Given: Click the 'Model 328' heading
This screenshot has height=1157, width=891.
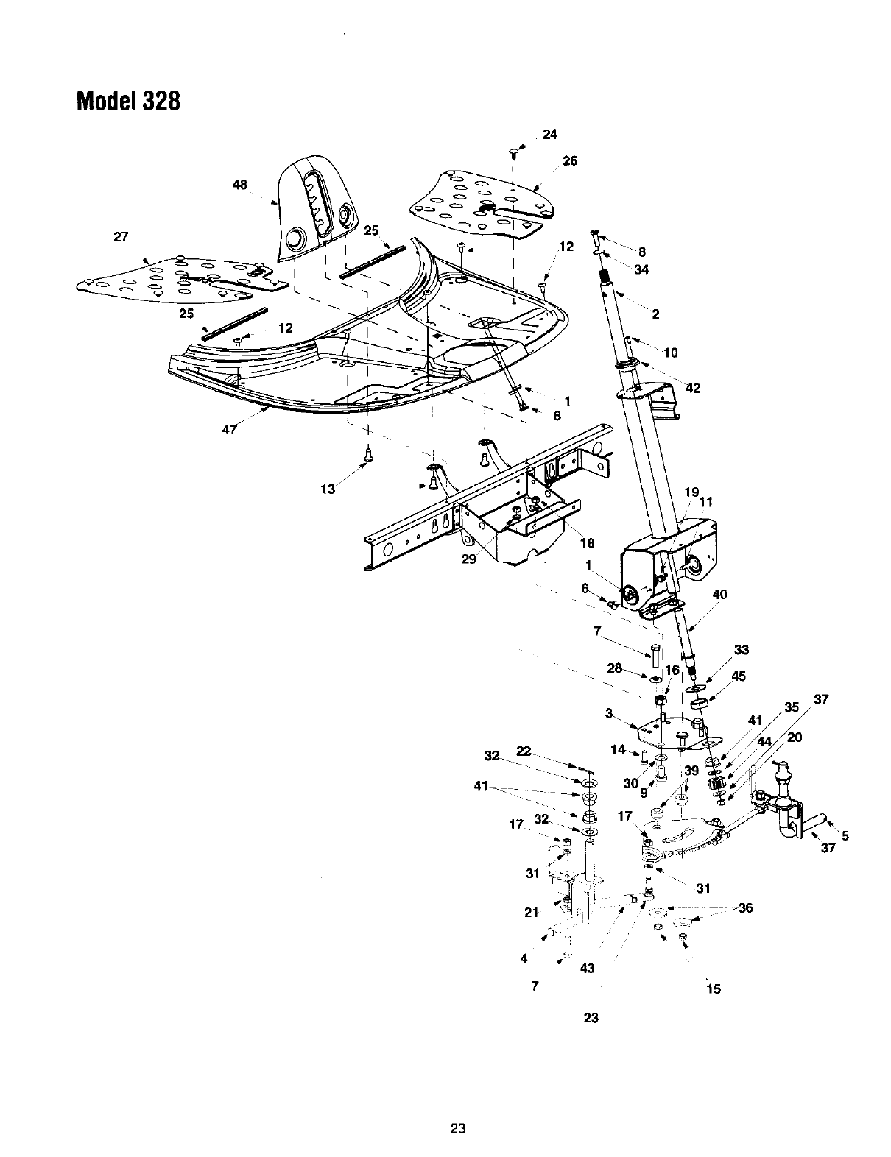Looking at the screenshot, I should (128, 100).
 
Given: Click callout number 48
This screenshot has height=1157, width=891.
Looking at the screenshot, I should (240, 185).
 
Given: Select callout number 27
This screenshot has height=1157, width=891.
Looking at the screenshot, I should (121, 237).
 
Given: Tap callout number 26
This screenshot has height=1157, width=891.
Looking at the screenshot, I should (570, 161).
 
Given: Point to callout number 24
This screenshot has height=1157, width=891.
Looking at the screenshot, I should (550, 134).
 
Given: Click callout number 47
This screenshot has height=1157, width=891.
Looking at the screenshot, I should (229, 430).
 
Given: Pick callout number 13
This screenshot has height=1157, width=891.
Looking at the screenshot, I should (328, 488).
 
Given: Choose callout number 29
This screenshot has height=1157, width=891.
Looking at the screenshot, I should (469, 559).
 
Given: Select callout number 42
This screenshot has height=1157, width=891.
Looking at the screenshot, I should (692, 389).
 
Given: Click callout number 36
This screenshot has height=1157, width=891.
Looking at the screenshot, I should (745, 907).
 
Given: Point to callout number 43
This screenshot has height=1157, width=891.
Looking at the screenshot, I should (587, 969).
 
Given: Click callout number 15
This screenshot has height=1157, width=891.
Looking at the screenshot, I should (713, 988).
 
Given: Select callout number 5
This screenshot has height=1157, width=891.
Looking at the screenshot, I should (845, 835).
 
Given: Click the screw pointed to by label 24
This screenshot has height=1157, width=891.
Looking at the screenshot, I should (513, 153).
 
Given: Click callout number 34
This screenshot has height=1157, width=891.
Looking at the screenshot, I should (641, 269).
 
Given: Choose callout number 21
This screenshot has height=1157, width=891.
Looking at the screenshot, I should (531, 913).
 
